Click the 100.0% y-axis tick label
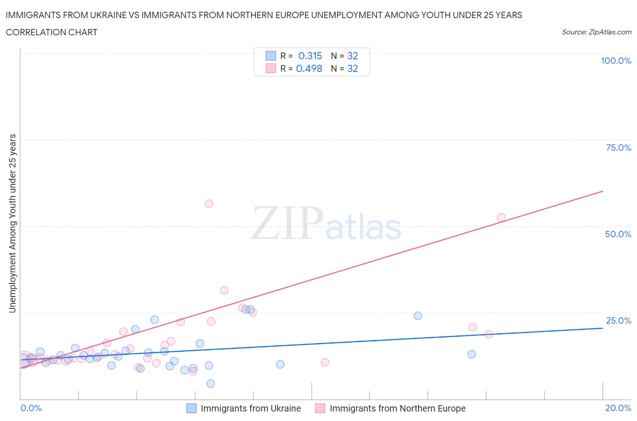[616, 61]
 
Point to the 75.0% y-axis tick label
[618, 148]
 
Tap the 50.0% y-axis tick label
[618, 234]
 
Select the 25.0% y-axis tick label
[618, 321]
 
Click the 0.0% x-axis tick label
[31, 408]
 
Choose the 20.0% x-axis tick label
[618, 408]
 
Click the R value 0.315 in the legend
[310, 56]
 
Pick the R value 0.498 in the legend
[309, 68]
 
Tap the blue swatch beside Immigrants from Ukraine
[192, 408]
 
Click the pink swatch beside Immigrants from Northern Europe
[320, 408]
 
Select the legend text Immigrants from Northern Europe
[397, 408]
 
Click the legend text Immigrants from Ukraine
[251, 408]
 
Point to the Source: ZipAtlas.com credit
[596, 32]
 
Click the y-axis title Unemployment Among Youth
[12, 223]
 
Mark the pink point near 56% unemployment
[209, 204]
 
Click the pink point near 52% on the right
[501, 217]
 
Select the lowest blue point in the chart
[211, 383]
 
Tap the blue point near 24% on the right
[418, 316]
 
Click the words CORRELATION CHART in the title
[51, 32]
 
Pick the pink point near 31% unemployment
[224, 290]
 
